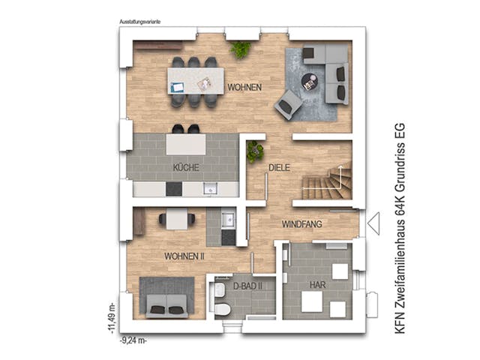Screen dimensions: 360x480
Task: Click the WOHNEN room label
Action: pos(246,88)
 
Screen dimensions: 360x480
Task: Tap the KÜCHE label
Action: pos(185,168)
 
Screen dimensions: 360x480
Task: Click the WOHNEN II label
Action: pos(184,256)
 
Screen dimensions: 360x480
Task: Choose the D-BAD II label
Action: pos(247,286)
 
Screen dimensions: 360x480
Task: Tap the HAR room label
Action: pos(318,285)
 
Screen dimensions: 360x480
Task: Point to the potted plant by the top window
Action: pos(241,49)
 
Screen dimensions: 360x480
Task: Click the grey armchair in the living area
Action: pos(288,105)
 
